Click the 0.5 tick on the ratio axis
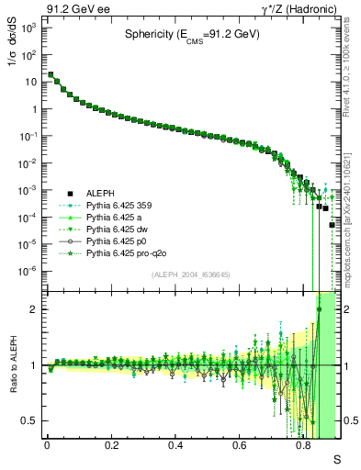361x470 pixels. tap(30, 420)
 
